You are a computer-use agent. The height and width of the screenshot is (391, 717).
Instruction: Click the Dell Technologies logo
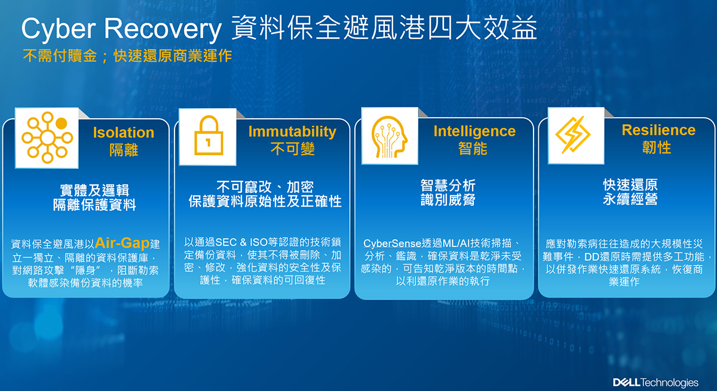(655, 383)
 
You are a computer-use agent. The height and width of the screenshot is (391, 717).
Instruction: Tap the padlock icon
(209, 136)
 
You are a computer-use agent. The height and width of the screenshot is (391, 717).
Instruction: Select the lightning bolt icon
(572, 134)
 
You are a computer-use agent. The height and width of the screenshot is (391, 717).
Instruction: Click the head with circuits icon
(389, 137)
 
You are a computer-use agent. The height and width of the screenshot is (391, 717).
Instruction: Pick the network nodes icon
(47, 137)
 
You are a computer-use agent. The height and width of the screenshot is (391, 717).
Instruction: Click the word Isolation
(124, 133)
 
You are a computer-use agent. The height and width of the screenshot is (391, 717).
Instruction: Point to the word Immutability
(292, 131)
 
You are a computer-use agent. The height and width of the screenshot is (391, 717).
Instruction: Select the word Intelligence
(474, 131)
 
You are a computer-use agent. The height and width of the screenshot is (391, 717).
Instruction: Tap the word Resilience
(658, 130)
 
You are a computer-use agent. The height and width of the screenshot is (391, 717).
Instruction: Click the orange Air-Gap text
(122, 242)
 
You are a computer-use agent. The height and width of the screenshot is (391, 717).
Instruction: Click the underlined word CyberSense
(392, 244)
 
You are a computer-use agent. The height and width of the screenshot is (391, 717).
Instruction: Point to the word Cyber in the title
(59, 29)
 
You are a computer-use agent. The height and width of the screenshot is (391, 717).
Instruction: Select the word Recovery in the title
(163, 29)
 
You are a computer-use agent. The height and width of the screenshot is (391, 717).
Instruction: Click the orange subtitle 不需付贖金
(60, 56)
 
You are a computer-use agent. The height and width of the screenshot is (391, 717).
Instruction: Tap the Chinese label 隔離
(124, 150)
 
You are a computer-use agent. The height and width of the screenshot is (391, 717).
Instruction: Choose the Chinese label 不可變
(292, 149)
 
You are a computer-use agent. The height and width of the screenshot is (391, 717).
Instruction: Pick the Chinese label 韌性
(657, 147)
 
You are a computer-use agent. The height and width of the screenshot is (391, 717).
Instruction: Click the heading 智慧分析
(448, 186)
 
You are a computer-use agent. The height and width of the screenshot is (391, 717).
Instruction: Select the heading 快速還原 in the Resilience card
(630, 185)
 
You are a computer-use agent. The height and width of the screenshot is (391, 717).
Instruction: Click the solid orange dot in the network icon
(61, 123)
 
